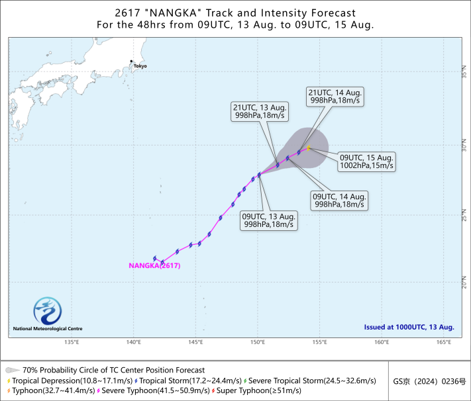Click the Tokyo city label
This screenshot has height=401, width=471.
(140, 66)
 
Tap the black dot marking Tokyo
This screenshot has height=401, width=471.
(131, 62)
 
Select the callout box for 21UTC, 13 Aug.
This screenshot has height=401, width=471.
(260, 111)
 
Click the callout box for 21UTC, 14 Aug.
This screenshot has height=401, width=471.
(335, 97)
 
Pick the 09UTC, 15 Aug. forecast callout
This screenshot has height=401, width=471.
(366, 161)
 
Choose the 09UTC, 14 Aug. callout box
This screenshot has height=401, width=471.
(339, 200)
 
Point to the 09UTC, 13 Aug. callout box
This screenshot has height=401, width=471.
(269, 220)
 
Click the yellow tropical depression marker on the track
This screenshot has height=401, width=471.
(309, 148)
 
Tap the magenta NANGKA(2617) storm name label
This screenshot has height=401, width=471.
(154, 265)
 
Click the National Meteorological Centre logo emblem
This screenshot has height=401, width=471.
(48, 311)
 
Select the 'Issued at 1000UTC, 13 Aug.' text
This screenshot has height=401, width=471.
(409, 327)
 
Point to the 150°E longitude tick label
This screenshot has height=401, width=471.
(258, 342)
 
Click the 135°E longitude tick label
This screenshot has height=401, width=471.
(72, 342)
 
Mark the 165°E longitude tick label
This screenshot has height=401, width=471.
(444, 342)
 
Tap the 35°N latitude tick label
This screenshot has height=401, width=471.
(464, 71)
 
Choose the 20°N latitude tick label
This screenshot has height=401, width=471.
(464, 282)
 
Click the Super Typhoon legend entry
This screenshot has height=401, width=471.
(256, 390)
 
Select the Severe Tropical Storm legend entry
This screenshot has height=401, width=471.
(310, 381)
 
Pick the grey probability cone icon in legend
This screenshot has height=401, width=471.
(13, 370)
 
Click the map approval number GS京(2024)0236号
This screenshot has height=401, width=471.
(429, 382)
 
